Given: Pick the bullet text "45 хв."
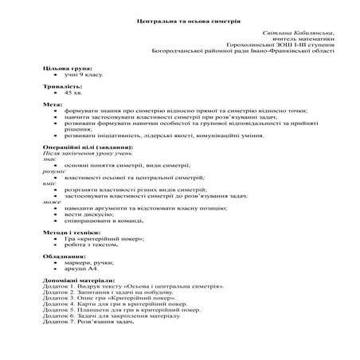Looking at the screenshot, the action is tap(75, 93).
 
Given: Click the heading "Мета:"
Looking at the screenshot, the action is tap(53, 105).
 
